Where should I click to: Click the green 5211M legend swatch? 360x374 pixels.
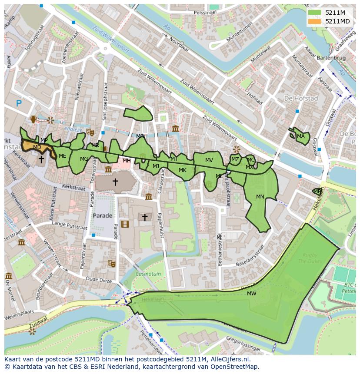(314, 13)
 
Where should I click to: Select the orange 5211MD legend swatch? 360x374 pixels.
(314, 21)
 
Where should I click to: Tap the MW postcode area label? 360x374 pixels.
(251, 294)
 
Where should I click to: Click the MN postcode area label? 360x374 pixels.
(260, 197)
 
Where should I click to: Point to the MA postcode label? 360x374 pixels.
(301, 136)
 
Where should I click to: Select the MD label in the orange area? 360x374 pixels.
(37, 147)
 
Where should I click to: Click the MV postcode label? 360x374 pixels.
(209, 160)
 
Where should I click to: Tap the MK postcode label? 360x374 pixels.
(183, 170)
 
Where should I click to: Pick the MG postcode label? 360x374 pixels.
(84, 159)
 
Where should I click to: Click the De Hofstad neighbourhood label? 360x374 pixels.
(301, 99)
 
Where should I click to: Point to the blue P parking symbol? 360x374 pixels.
(19, 103)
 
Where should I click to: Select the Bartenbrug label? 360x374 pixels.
(332, 58)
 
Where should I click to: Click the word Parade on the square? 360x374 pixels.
(103, 215)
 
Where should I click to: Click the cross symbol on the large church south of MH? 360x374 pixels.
(115, 182)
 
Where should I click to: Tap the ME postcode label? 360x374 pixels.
(63, 156)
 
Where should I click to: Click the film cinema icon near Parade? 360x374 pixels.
(125, 224)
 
